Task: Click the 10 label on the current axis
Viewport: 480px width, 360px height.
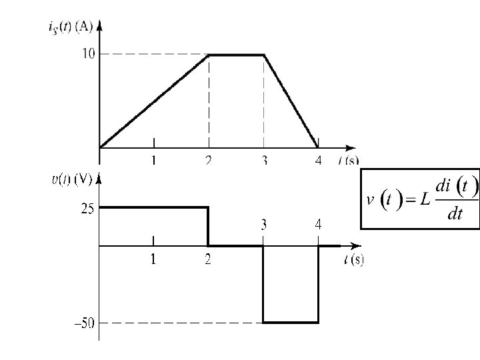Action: (x=89, y=53)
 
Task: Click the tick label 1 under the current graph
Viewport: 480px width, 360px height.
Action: (x=154, y=160)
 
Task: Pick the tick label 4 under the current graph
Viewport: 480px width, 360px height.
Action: (x=318, y=160)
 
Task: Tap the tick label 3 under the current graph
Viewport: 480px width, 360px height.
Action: (x=264, y=160)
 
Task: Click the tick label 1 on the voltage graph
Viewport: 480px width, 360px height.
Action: (x=153, y=260)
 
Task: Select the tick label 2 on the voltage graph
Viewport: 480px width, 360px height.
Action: (x=208, y=260)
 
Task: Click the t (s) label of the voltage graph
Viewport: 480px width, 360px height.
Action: (x=353, y=260)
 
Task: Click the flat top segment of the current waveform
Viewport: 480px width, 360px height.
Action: (x=237, y=55)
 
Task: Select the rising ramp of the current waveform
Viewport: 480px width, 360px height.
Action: (x=153, y=101)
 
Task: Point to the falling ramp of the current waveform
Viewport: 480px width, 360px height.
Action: (x=291, y=101)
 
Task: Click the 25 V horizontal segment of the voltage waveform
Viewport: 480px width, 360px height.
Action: (x=153, y=207)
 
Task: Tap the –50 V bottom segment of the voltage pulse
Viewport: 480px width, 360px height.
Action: (x=291, y=323)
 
